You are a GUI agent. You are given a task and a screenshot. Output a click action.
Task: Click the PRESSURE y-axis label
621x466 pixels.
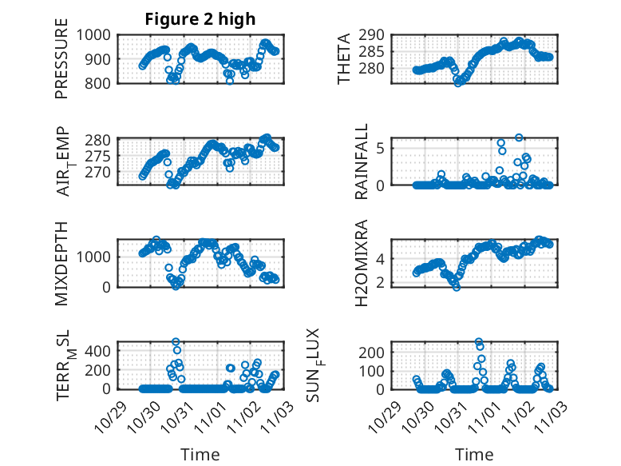coord(62,64)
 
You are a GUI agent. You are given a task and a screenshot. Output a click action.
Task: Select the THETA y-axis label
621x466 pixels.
coord(344,58)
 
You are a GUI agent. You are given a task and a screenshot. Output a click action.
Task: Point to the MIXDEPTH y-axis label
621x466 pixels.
coord(62,262)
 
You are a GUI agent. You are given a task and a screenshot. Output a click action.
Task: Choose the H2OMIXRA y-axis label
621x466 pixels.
coord(362,263)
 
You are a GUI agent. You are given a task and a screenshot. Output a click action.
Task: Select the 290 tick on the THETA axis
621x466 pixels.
coord(377,34)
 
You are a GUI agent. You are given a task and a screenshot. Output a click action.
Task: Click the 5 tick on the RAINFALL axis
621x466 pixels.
coord(382,147)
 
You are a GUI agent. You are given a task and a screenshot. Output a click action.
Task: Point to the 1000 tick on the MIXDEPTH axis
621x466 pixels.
coord(97,257)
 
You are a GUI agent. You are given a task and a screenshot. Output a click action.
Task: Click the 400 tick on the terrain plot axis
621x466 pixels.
coord(101,350)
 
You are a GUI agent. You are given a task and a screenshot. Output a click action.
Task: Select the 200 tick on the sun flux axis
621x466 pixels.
coord(377,352)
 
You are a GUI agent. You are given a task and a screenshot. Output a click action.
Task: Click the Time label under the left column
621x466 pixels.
coord(200,454)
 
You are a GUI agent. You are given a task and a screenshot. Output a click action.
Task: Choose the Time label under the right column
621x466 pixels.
coord(474,454)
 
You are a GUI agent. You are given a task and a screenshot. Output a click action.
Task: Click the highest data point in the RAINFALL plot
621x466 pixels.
coord(519,138)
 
